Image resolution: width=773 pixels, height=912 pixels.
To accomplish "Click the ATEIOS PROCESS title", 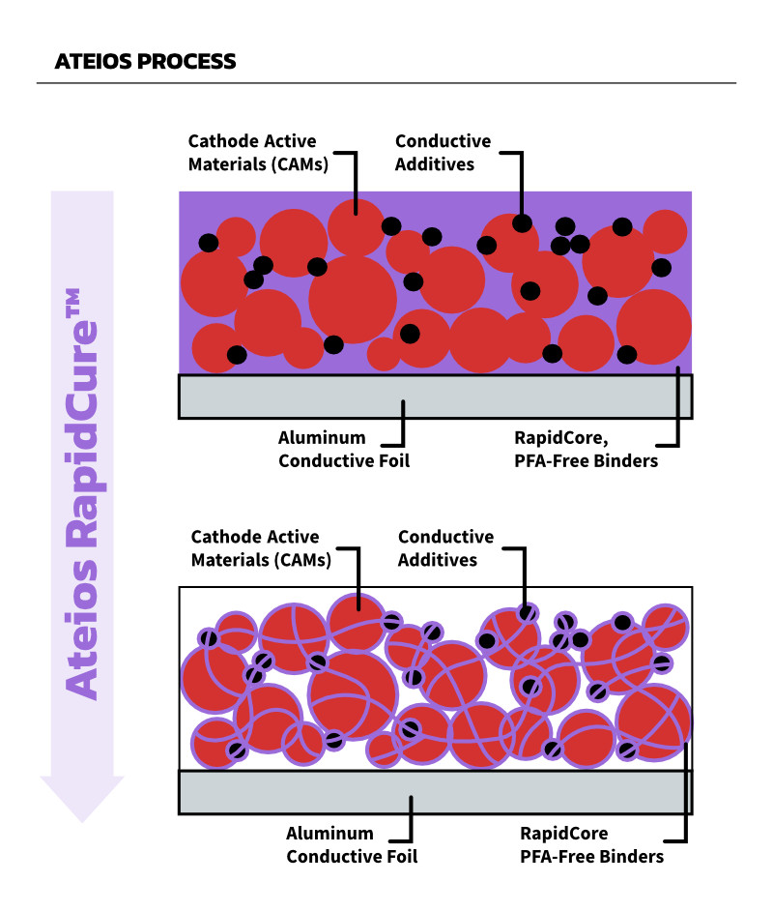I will point(146,61).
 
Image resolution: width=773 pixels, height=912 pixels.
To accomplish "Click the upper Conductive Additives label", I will point(443,153).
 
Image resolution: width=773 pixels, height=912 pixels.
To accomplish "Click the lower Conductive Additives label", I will point(445,548).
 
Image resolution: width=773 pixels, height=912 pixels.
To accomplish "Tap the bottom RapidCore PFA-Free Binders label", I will point(592,844).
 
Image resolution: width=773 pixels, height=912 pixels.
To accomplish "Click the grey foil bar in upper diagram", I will point(435,397).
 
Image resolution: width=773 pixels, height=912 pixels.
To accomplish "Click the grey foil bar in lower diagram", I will point(435,792).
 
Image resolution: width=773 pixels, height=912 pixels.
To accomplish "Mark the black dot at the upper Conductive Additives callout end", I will point(522,223).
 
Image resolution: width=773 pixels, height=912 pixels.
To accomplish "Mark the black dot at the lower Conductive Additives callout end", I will point(527,612).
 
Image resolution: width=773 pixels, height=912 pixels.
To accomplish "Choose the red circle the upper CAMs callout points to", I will point(357,224).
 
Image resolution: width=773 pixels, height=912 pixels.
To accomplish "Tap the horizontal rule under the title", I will point(386,83).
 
